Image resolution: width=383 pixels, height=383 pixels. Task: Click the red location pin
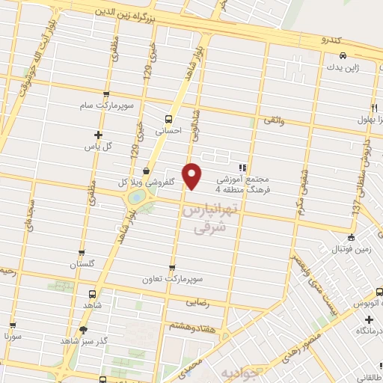point(192,175)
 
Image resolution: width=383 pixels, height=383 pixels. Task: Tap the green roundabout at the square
point(138,197)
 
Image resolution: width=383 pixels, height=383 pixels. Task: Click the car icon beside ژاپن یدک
point(343,56)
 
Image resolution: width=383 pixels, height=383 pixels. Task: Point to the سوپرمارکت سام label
point(108,105)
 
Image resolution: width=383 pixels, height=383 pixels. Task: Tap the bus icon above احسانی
point(169,118)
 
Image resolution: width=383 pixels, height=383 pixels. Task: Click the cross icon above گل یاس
point(98,135)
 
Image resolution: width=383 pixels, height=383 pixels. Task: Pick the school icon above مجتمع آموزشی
point(242,168)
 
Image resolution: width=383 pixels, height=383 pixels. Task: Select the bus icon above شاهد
point(92,295)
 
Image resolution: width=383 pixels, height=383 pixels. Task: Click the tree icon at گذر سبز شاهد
point(83,329)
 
